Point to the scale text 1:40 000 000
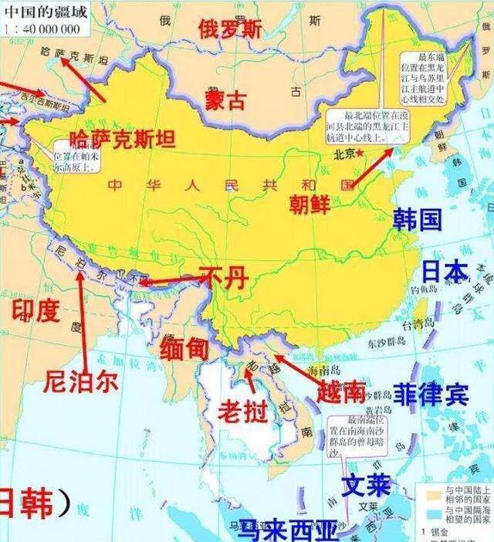[44, 29]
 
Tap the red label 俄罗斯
[230, 29]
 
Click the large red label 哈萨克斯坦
[122, 139]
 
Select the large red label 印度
[36, 310]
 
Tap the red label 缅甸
[184, 347]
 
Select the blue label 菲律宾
[431, 395]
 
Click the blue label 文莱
[367, 486]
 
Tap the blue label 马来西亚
[287, 530]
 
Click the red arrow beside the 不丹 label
[166, 281]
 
